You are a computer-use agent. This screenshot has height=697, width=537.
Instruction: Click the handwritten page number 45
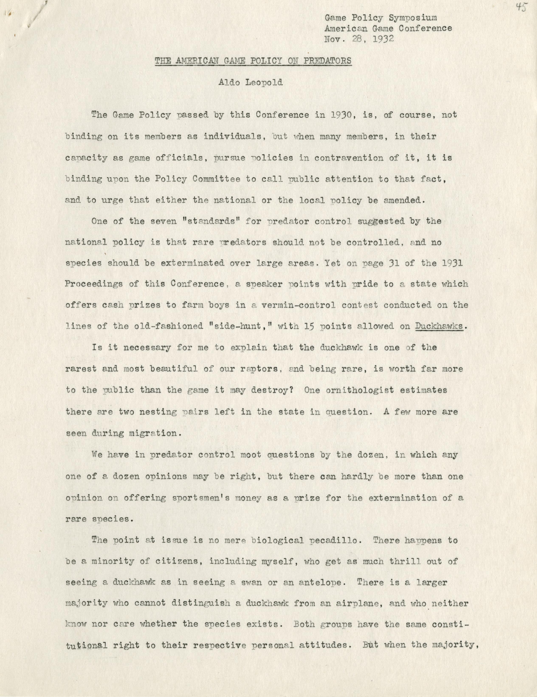point(522,7)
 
